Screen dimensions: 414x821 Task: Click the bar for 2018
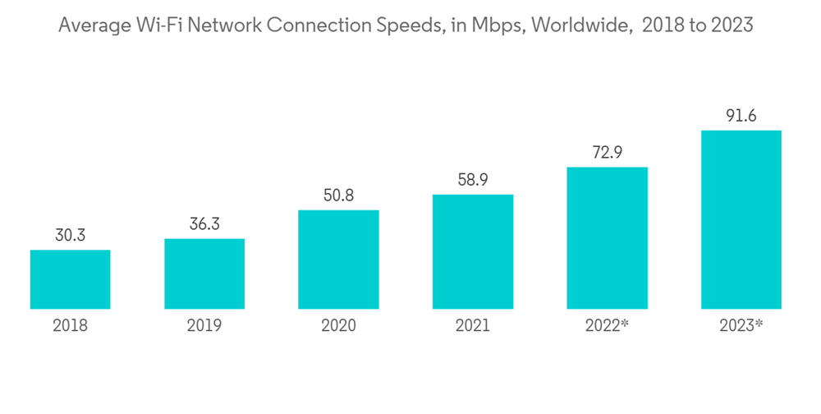coord(71,279)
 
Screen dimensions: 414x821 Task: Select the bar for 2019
coord(204,274)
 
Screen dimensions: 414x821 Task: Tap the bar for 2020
coord(338,260)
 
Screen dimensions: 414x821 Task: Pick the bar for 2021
coord(472,251)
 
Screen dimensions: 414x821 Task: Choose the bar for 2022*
coord(607,238)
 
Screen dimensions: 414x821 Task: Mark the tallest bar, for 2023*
coord(741,219)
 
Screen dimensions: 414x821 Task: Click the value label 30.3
coord(71,236)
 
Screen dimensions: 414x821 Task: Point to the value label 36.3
coord(204,224)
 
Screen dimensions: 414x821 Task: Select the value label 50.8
coord(338,195)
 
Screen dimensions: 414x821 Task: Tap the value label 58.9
coord(472,180)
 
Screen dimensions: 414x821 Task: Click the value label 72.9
coord(607,153)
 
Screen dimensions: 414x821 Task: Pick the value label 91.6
coord(741,116)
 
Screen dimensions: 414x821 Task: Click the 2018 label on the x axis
coord(71,326)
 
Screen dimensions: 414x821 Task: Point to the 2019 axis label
coord(204,326)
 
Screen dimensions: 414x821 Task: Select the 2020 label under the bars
coord(338,326)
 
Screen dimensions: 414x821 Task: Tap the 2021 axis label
coord(472,326)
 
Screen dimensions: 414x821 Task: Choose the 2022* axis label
coord(607,326)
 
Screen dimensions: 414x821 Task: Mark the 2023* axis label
coord(741,326)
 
